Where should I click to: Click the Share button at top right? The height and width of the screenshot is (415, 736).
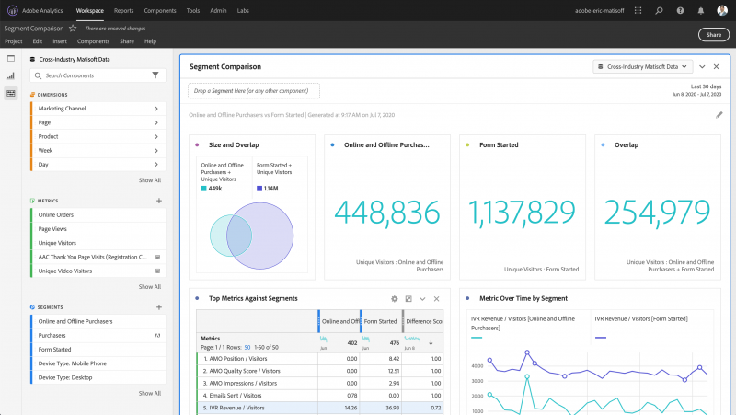(x=714, y=35)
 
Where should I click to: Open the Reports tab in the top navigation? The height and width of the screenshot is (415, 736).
(x=123, y=10)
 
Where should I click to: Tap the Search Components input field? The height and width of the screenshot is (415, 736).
(x=92, y=75)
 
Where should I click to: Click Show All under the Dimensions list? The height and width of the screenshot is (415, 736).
(x=149, y=180)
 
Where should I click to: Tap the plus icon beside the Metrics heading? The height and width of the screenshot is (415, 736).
(x=159, y=200)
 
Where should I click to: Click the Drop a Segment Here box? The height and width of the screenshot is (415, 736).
(x=254, y=91)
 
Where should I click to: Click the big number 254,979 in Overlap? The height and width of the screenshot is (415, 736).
(x=654, y=213)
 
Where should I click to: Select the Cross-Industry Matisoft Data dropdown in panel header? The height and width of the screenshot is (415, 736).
(x=641, y=66)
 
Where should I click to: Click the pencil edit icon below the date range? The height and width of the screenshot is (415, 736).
(x=719, y=115)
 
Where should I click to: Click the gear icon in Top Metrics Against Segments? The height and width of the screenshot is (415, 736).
(x=394, y=299)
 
